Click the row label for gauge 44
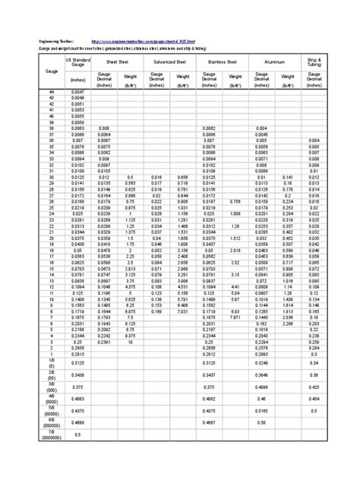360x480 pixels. click(x=52, y=91)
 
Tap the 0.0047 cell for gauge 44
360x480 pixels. click(x=77, y=91)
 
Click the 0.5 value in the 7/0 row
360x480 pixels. click(x=77, y=434)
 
